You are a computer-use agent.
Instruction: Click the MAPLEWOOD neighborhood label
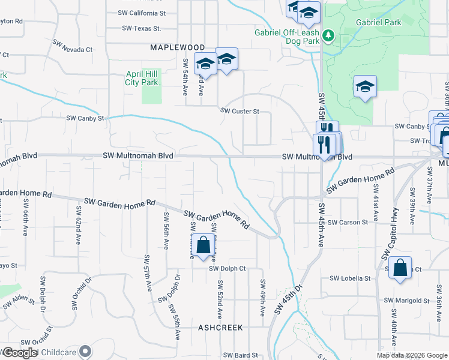tap(177, 47)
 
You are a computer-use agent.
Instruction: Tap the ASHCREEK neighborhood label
tap(220, 328)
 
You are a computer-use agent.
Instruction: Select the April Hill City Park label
tap(142, 78)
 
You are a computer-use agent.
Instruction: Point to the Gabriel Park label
tap(378, 22)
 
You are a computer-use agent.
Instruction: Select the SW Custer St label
tap(240, 111)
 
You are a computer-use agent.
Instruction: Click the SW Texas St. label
tap(141, 28)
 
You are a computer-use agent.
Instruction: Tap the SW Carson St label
tap(348, 222)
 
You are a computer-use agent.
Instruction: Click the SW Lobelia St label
tap(350, 278)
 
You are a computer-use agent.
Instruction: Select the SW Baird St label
tap(240, 355)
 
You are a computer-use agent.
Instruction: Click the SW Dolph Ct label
tap(228, 269)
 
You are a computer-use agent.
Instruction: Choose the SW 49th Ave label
tap(262, 298)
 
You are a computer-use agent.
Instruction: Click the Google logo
tap(20, 353)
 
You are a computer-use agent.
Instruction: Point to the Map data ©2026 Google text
tap(412, 355)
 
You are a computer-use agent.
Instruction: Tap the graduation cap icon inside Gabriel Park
tap(365, 86)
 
